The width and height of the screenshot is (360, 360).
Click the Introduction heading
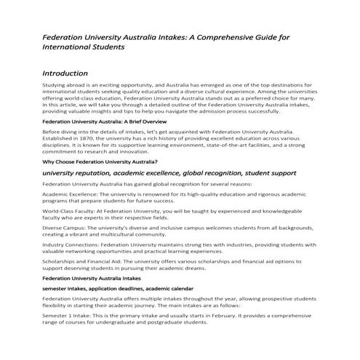(x=65, y=73)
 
